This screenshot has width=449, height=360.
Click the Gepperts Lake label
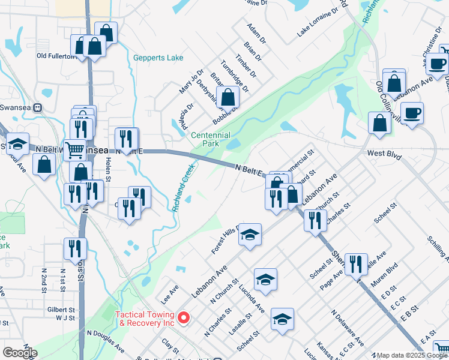[x=158, y=58]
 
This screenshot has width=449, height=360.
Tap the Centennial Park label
[x=210, y=140]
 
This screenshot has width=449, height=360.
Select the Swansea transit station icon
[x=38, y=108]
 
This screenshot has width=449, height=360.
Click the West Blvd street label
[x=384, y=154]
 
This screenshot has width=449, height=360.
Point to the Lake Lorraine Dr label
[x=318, y=26]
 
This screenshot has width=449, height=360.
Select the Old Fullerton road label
[x=56, y=56]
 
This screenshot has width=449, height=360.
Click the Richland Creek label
[x=183, y=188]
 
